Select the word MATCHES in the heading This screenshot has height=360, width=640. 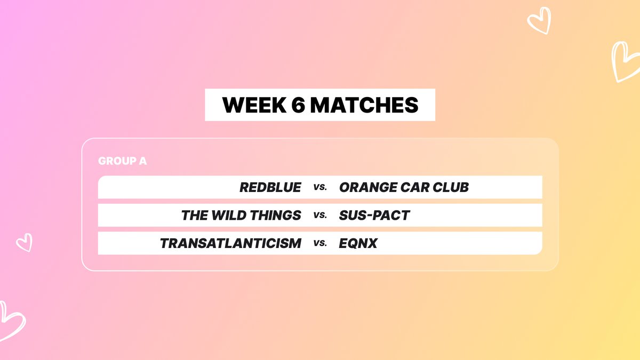coord(364,105)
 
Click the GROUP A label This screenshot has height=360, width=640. coord(122,161)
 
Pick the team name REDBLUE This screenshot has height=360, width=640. coord(270,187)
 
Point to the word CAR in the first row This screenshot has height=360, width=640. coord(412,187)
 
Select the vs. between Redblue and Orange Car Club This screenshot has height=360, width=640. coord(320,188)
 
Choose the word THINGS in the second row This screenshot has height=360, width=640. coord(276,215)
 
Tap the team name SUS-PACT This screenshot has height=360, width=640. coord(374,215)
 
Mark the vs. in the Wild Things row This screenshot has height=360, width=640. coord(320,216)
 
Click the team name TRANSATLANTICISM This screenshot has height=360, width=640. coord(230,243)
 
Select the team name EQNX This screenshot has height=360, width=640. coord(358,243)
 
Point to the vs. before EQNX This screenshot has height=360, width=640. coord(320,244)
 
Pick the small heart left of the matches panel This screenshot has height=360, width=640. coord(24,243)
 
